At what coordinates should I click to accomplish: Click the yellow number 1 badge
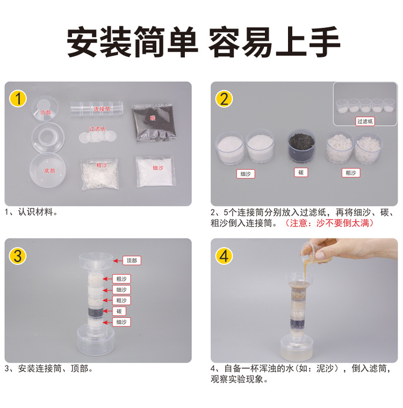tap(18, 99)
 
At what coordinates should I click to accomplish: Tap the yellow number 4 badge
tap(224, 256)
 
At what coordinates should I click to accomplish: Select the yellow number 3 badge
tap(18, 256)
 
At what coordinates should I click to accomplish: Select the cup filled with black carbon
tap(301, 146)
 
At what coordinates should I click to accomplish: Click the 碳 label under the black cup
tap(301, 172)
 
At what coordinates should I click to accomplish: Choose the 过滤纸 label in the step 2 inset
tap(365, 121)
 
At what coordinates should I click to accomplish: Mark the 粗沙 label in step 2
tap(351, 173)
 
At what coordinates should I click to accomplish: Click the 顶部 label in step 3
tap(131, 260)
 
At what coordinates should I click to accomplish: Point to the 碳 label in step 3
tap(121, 311)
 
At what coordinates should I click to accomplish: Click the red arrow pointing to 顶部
tap(118, 260)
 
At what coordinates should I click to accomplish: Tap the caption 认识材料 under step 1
tap(38, 212)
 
